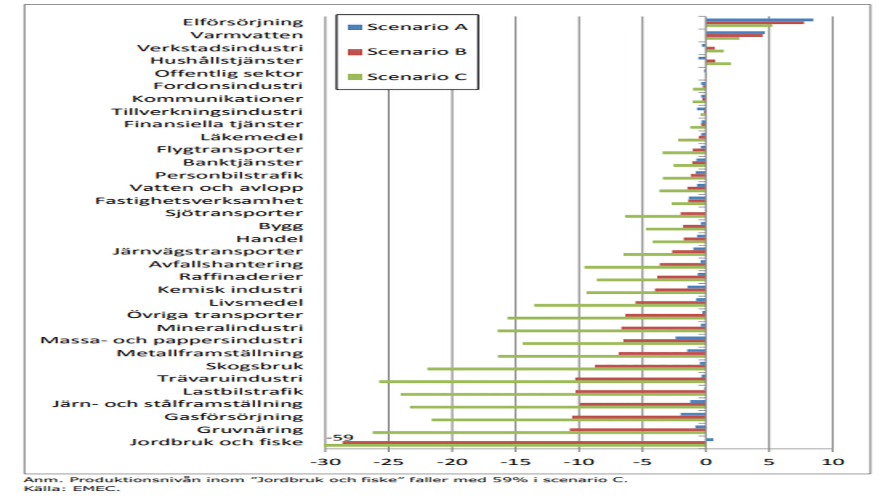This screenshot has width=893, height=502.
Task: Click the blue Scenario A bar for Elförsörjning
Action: (x=759, y=20)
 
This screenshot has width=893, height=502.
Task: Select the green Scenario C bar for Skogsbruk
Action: (x=566, y=369)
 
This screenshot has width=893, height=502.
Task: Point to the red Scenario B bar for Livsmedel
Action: (x=670, y=302)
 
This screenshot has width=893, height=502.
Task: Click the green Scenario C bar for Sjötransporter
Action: (x=665, y=216)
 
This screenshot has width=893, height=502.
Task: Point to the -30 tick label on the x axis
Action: (x=325, y=462)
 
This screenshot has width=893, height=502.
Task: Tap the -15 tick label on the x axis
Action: (x=515, y=462)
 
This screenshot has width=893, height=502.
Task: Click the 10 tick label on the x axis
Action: (x=833, y=462)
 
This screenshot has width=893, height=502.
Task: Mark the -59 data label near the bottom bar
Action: (x=340, y=437)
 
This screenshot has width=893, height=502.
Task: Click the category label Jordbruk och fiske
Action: (x=216, y=442)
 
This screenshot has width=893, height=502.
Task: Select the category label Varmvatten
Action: (x=247, y=35)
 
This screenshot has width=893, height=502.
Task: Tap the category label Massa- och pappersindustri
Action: (x=172, y=341)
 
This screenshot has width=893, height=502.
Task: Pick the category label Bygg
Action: (x=281, y=226)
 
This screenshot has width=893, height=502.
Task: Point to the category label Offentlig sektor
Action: (x=229, y=74)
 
